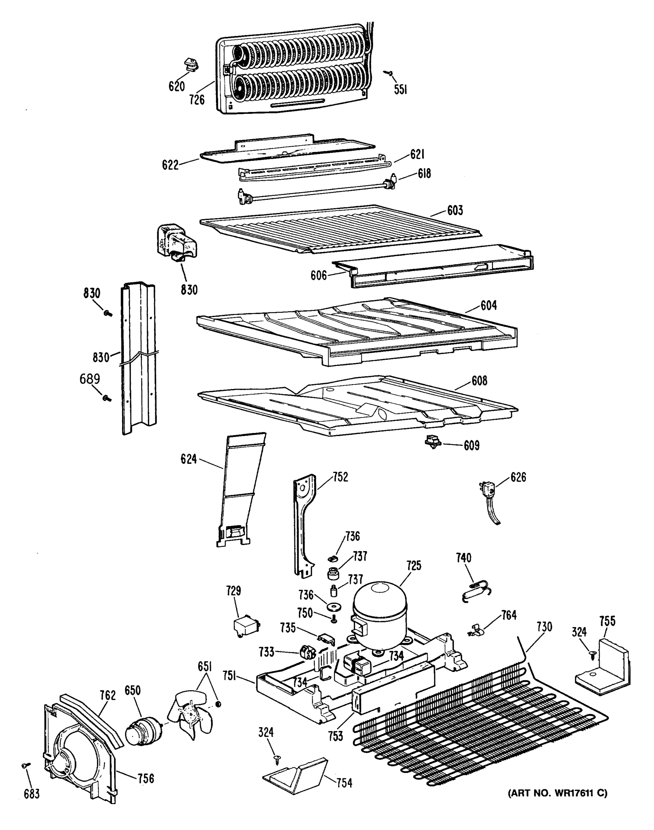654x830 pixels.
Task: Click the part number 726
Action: [196, 100]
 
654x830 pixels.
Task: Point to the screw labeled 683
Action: [26, 765]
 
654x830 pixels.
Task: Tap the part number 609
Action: [471, 445]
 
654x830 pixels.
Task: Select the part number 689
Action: [90, 379]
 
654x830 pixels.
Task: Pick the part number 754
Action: [344, 783]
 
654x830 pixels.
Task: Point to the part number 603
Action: [455, 210]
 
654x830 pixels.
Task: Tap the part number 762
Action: [108, 695]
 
